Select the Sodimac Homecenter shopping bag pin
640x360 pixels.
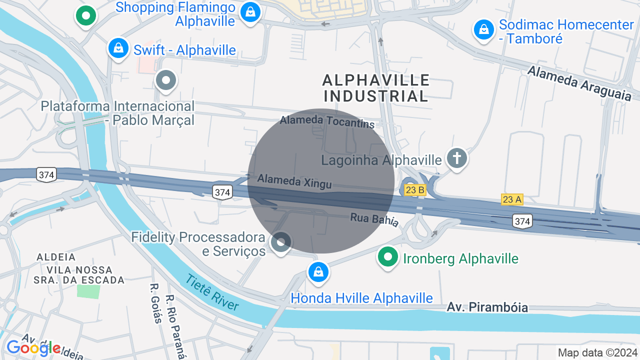[x=483, y=29]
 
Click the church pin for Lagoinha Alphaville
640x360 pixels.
[x=456, y=158]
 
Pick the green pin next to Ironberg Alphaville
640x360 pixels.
[x=387, y=257]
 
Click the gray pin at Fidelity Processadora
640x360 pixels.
[x=280, y=242]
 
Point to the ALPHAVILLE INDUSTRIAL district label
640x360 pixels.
[x=376, y=87]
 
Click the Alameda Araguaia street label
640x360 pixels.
[x=579, y=83]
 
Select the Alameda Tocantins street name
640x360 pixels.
[x=327, y=120]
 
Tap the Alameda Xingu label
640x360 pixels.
[x=294, y=181]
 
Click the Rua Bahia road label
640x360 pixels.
[x=374, y=219]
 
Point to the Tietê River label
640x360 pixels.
[x=212, y=292]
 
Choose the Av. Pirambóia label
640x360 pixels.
[x=487, y=307]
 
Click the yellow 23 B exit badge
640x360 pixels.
[x=414, y=189]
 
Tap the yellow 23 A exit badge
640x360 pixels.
[x=511, y=199]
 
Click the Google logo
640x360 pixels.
[x=33, y=348]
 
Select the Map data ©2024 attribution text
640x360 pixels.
[x=597, y=352]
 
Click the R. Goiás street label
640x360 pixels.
[x=155, y=303]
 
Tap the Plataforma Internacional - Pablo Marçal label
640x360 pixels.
[x=117, y=113]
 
